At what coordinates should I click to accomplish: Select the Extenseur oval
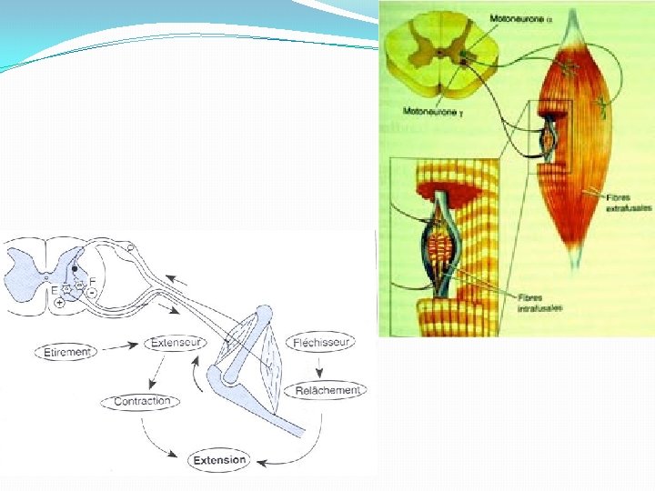coord(175,343)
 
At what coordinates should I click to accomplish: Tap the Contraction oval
coord(143,401)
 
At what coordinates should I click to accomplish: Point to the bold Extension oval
coord(219,460)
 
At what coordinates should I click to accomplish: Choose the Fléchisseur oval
coord(320,343)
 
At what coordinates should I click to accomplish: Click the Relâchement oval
coord(327,390)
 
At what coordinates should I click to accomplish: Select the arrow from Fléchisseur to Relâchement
coord(320,366)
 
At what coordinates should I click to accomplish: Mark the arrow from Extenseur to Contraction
coord(156,371)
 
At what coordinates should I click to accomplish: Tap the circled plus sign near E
coord(59,304)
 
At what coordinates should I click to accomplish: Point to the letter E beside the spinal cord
coord(55,290)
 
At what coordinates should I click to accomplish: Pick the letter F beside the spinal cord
coord(93,281)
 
